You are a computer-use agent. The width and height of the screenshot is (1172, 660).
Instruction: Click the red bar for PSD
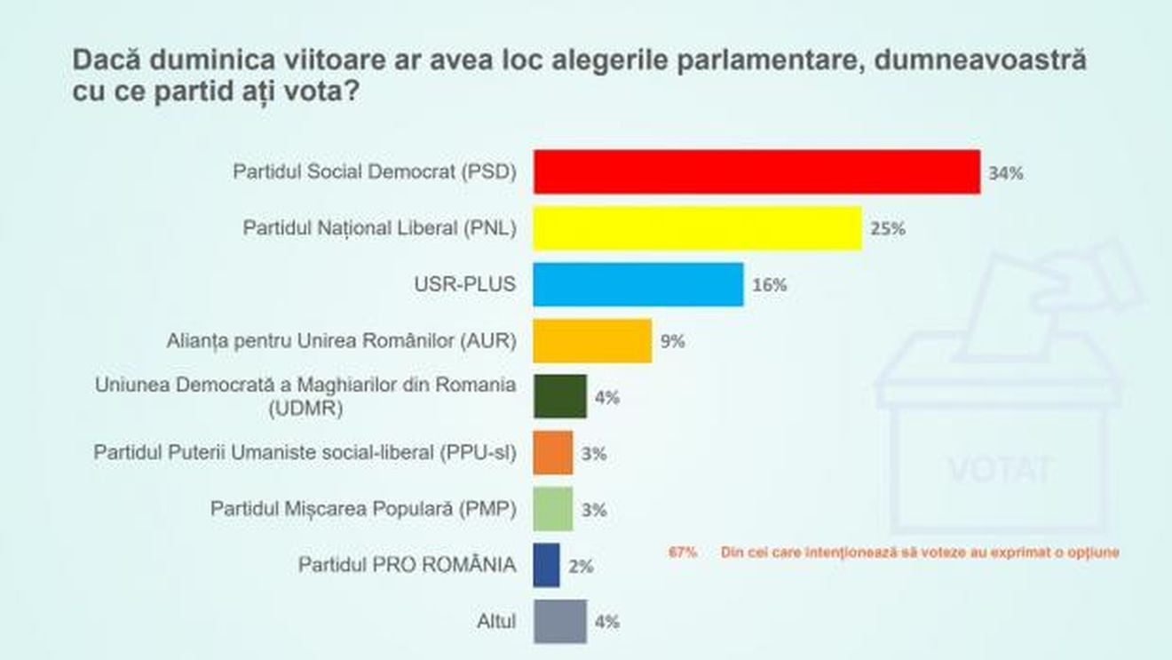756,172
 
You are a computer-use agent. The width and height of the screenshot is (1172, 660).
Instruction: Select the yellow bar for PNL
697,228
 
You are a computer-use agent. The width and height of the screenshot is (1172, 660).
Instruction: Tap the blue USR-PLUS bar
637,285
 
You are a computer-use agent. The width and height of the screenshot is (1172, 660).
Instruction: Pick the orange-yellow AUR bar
592,341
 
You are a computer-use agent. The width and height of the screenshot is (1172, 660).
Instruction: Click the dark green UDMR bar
559,397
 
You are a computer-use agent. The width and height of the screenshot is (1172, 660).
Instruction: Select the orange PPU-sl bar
553,453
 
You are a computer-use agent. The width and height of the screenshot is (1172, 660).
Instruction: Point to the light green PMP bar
553,509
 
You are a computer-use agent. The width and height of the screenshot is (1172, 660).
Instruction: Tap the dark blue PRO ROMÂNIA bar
546,565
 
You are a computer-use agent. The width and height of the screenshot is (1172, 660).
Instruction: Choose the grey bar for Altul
559,621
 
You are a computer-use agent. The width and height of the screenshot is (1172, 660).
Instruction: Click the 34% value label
1006,173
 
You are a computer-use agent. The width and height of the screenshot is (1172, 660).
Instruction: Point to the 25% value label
887,229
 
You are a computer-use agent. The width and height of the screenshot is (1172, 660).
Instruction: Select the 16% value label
769,285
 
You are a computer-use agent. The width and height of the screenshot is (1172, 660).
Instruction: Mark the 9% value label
672,341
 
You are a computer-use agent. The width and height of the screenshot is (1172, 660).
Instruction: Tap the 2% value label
581,566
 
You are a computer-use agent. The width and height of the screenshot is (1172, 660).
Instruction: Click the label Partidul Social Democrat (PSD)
374,171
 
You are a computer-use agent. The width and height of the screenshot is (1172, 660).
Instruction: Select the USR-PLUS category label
467,284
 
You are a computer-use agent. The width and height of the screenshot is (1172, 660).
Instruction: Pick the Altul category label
496,621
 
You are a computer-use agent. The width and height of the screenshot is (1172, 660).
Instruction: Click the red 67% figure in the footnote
683,552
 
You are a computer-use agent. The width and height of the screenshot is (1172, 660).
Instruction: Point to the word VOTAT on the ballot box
999,468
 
